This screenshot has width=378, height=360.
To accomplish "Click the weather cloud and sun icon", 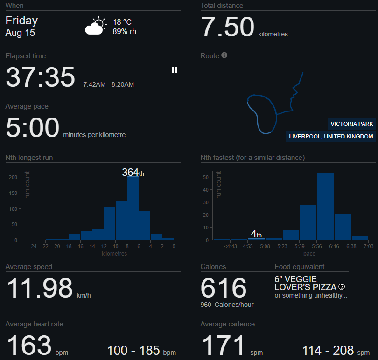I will point(95,27).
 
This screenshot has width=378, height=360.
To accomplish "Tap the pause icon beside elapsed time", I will point(174,70).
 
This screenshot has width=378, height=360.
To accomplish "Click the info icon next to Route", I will point(224,55).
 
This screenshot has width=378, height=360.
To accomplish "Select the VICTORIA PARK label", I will point(352,124).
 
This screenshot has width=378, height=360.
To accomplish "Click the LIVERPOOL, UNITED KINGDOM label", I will point(331,137).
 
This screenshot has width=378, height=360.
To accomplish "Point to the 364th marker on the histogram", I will point(133,173).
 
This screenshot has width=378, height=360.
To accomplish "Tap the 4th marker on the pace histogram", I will point(256,234).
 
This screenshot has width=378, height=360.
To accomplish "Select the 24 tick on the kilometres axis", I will point(34,247).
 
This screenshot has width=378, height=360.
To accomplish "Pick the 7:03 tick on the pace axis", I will point(369,247).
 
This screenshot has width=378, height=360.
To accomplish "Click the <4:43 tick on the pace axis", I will point(230,247).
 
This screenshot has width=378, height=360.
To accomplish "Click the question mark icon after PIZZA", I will point(342,287).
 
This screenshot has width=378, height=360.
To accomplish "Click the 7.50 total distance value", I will point(228,28).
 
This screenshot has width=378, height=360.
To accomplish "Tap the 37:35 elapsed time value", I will point(40,77).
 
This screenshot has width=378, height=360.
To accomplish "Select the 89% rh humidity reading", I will point(125,32).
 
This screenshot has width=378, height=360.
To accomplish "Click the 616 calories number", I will point(224,288).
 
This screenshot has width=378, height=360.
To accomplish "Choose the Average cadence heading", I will point(228,324).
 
